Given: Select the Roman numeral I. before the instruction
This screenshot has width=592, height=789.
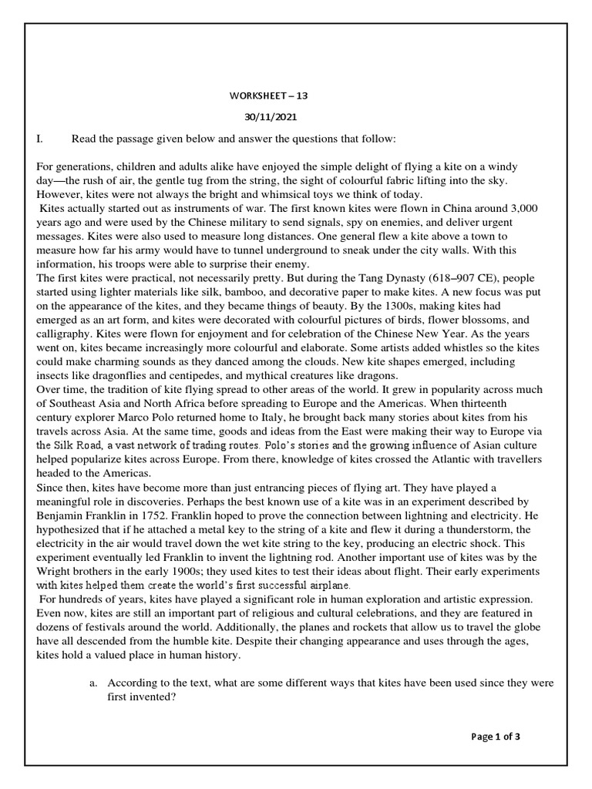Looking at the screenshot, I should pyautogui.click(x=40, y=139).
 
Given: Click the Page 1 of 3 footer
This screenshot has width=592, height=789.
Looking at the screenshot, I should pyautogui.click(x=496, y=737).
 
